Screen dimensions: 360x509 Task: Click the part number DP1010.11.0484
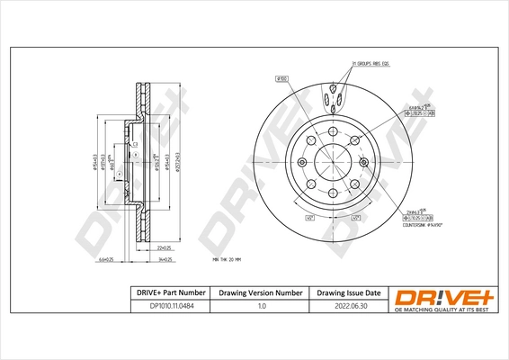(x=167, y=306)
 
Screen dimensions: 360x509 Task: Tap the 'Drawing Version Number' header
(x=262, y=293)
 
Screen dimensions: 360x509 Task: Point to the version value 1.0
(x=262, y=306)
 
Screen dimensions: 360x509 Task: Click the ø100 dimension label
(x=281, y=79)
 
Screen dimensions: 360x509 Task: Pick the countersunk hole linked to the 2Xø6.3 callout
(x=363, y=162)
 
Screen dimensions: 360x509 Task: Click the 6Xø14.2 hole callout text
(x=417, y=108)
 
